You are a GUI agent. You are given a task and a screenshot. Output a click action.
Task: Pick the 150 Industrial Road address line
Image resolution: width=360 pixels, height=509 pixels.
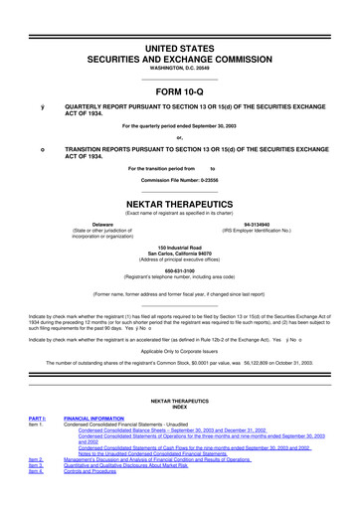pyautogui.click(x=179, y=246)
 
